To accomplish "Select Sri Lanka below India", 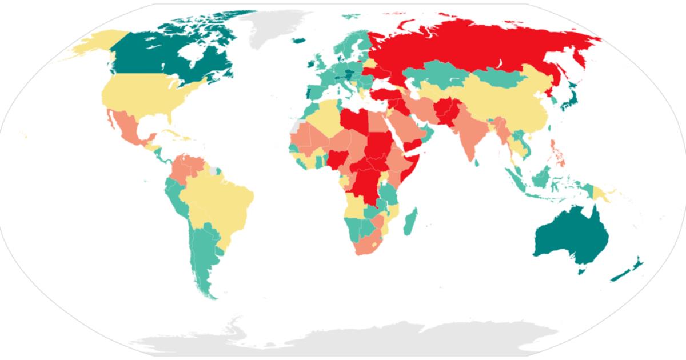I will click(476, 162).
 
